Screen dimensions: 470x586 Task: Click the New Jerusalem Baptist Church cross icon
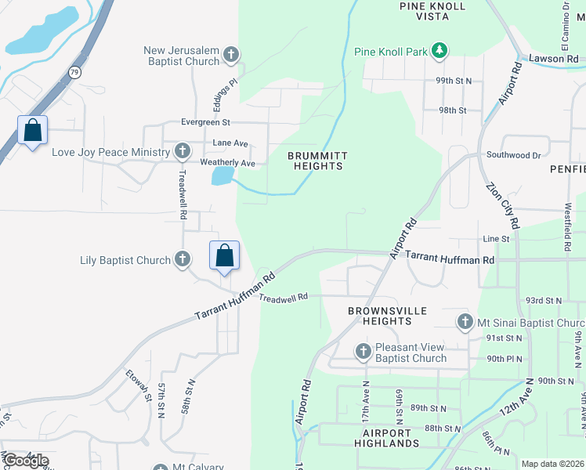(x=230, y=55)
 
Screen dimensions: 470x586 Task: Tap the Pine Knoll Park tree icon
(x=439, y=52)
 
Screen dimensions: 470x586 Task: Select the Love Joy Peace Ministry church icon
(x=182, y=151)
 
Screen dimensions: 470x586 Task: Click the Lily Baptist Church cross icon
(x=182, y=258)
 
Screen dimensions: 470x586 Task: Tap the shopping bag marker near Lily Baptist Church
(x=224, y=255)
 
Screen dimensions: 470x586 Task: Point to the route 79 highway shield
(x=75, y=70)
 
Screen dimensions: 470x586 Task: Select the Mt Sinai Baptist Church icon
(x=465, y=322)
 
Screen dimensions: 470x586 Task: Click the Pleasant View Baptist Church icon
(x=363, y=352)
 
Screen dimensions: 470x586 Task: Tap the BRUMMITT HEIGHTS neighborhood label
(x=318, y=161)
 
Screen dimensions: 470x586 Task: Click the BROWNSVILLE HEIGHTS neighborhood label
(x=388, y=316)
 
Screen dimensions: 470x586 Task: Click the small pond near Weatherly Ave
(x=222, y=175)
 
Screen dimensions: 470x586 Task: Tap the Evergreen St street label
(x=205, y=122)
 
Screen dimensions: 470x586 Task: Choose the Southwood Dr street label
(x=513, y=155)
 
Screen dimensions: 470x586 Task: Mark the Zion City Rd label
(x=501, y=205)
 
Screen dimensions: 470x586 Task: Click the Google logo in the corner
(x=26, y=460)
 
